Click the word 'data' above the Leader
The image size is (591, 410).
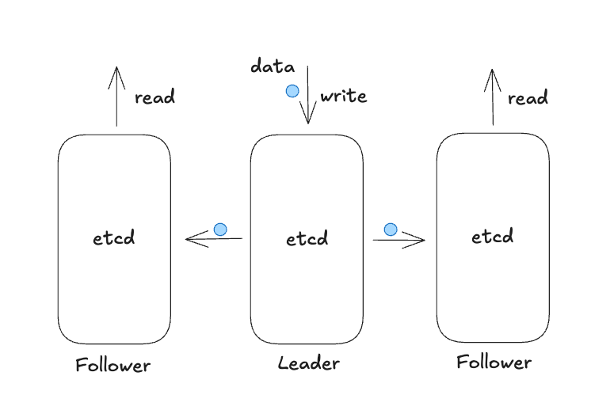273,66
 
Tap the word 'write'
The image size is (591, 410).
343,97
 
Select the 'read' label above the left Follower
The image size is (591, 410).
154,98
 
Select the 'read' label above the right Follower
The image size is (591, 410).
528,98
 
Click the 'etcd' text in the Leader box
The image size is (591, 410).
307,238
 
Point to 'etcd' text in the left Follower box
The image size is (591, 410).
114,237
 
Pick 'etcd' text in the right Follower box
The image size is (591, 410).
493,236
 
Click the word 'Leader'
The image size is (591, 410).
308,363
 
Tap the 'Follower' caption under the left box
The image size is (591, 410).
112,365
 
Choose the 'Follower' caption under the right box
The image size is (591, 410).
494,363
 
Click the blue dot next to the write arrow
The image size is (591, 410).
292,91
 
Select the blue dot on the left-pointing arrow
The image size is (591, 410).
220,230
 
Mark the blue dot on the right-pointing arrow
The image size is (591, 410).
391,230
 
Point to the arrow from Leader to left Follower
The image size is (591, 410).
214,238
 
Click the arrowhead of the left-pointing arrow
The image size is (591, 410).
189,238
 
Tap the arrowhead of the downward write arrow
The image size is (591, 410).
308,119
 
